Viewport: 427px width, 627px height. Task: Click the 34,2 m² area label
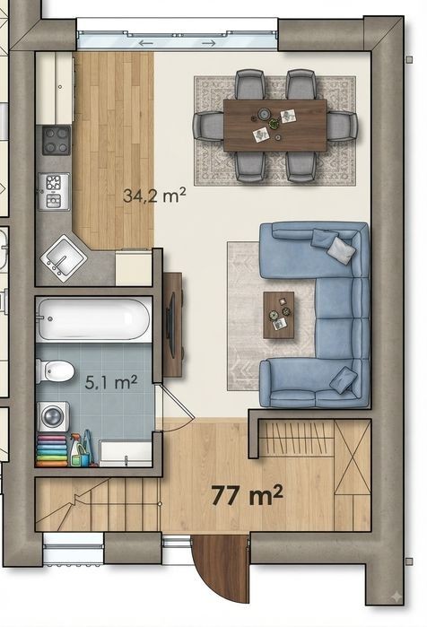tap(154, 196)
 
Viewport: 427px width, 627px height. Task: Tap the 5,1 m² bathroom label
tap(110, 382)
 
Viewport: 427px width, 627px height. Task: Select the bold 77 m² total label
tap(247, 495)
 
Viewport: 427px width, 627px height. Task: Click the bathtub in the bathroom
tap(93, 319)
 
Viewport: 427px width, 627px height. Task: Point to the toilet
tap(56, 371)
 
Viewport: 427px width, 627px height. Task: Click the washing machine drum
tap(52, 417)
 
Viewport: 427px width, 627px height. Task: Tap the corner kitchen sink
tap(64, 257)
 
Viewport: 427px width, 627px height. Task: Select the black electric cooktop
tap(57, 140)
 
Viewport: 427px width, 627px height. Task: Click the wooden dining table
tap(274, 126)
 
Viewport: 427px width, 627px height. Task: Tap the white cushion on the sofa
tap(341, 250)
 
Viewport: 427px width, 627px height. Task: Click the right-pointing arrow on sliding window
tap(209, 43)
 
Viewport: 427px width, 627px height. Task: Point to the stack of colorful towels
tap(52, 451)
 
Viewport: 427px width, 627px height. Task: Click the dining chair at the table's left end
tap(207, 126)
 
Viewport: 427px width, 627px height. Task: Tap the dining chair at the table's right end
tap(343, 126)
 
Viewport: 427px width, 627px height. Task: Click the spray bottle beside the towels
tap(75, 450)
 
